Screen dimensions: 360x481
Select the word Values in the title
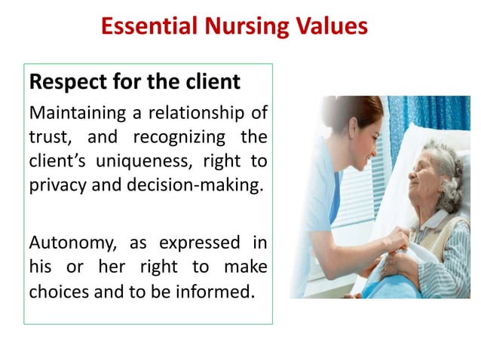pyautogui.click(x=330, y=27)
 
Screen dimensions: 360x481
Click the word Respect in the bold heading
pyautogui.click(x=61, y=81)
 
